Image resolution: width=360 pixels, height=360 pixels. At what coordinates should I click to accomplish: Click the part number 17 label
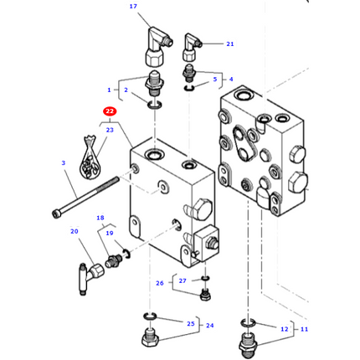point(132,7)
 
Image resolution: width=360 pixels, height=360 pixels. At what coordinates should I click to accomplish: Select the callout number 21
point(229,44)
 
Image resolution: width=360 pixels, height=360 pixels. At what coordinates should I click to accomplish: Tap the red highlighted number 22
point(110,111)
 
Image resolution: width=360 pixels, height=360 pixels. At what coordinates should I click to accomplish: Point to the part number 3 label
point(63,162)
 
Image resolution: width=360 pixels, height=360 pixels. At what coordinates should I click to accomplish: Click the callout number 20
point(74,231)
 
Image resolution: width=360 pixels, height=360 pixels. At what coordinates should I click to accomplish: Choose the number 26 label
point(160,283)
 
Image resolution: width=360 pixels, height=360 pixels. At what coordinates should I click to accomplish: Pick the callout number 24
point(210,326)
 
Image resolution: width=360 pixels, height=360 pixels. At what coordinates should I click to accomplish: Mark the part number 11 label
point(304,329)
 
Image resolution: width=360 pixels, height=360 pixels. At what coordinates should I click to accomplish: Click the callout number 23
point(110,130)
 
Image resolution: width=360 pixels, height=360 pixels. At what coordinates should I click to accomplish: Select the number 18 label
point(100,218)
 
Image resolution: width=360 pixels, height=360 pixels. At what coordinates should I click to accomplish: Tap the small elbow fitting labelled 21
point(192,42)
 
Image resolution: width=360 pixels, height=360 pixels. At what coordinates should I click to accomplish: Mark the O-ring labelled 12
point(247,321)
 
